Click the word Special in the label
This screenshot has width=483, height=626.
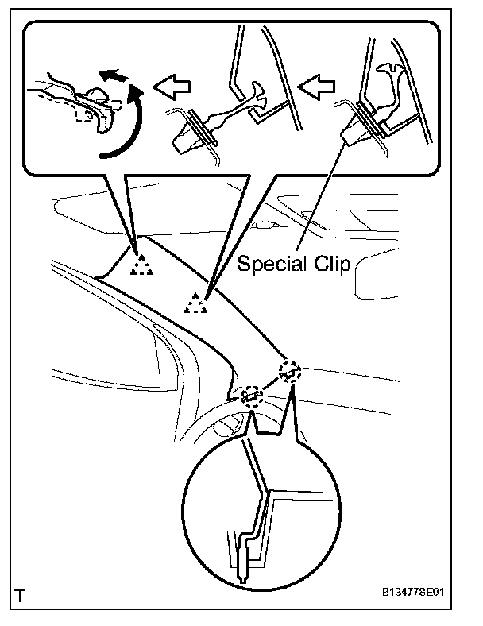272,265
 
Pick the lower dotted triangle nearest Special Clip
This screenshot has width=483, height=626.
194,302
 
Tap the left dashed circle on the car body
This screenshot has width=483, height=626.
253,395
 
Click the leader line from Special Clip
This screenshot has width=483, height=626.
322,199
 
